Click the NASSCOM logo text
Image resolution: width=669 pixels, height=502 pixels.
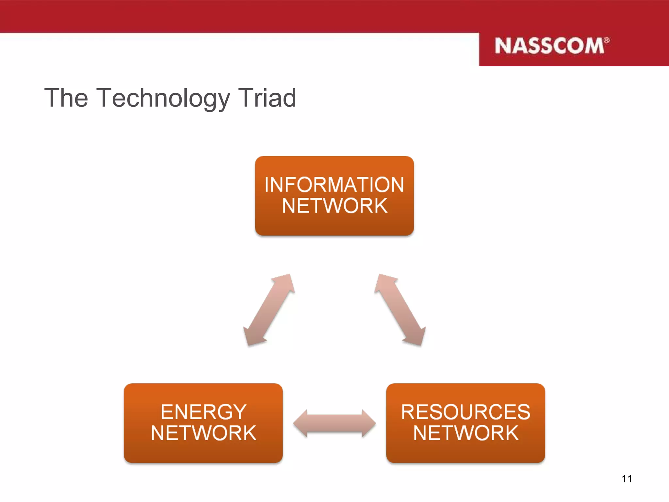point(549,46)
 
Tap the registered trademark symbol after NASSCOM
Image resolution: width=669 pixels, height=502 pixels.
point(606,41)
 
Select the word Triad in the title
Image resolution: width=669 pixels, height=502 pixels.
point(267,98)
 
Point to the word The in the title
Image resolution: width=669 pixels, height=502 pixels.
point(66,98)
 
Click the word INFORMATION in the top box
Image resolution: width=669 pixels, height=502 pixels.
point(334,185)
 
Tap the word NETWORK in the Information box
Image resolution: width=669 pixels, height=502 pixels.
point(334,206)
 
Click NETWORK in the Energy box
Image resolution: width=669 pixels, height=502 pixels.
point(203,433)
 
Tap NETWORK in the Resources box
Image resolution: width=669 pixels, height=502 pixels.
point(465,433)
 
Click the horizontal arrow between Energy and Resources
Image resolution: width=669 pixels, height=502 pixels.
point(334,423)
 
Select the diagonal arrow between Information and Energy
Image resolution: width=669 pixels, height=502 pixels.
point(269,310)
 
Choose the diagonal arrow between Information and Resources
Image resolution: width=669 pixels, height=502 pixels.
point(400,310)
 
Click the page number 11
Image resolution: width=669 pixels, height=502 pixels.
point(627,479)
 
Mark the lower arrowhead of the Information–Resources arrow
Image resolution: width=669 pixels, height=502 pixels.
point(416,337)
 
